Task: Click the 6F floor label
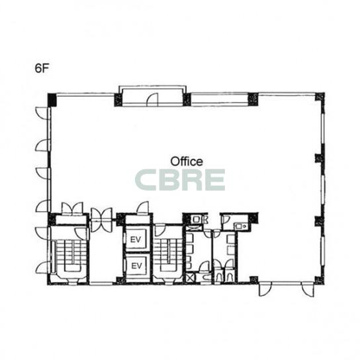click(x=42, y=68)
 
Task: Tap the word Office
click(x=187, y=161)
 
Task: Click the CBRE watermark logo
click(x=180, y=180)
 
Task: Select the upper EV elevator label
click(x=136, y=240)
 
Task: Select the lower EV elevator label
click(x=136, y=266)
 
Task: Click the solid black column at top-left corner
click(x=52, y=100)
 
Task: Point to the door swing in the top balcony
click(x=152, y=100)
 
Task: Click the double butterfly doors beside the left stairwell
click(x=101, y=220)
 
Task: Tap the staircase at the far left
click(x=69, y=257)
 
